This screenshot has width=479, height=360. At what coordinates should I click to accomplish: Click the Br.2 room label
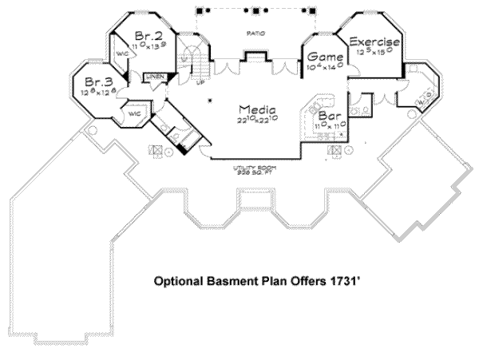click(x=149, y=36)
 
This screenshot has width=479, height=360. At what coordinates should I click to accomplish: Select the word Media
click(x=257, y=109)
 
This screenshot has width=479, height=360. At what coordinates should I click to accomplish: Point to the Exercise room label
click(x=374, y=41)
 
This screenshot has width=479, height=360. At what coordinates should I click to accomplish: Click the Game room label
click(x=326, y=58)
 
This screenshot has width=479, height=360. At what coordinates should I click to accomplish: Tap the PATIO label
click(x=255, y=33)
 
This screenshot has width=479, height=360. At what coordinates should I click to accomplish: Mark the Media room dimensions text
click(x=257, y=120)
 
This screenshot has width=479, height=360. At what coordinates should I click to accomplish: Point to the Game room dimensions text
click(x=326, y=69)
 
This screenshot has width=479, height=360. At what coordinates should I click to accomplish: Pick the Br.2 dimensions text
click(x=149, y=47)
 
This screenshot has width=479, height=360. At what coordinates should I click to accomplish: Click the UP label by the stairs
click(x=200, y=83)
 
